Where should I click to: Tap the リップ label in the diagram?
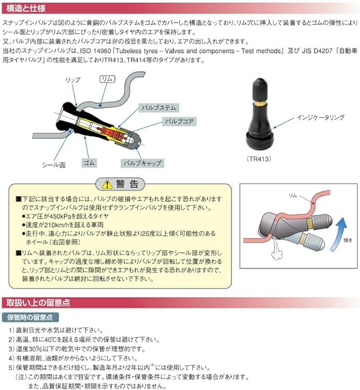(72, 80)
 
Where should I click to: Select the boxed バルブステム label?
(157, 108)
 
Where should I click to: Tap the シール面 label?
(54, 165)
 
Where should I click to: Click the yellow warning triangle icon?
(108, 185)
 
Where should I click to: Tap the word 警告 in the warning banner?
(128, 185)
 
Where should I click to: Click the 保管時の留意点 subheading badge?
(30, 317)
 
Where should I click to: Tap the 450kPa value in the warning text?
(62, 216)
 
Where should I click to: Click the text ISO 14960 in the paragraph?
(109, 51)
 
